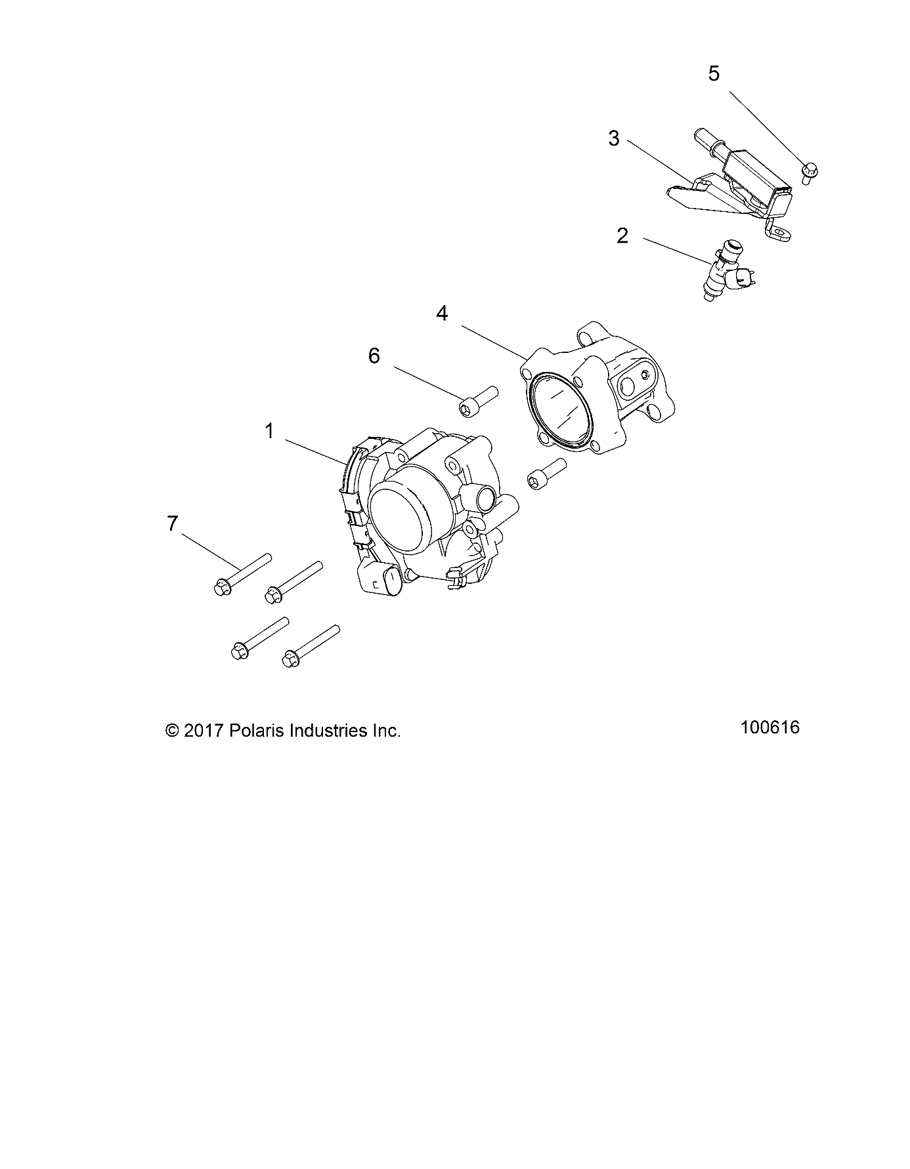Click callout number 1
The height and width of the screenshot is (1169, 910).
(x=269, y=431)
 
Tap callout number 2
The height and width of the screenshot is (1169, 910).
(x=622, y=236)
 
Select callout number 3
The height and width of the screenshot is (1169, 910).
(x=614, y=139)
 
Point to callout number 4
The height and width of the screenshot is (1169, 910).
(x=442, y=314)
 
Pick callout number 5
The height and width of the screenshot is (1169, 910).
(x=714, y=73)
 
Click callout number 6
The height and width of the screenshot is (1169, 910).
(x=374, y=356)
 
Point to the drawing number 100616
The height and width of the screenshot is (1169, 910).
(x=769, y=728)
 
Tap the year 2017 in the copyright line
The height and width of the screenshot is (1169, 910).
(x=204, y=731)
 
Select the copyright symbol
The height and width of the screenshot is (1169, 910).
(x=173, y=731)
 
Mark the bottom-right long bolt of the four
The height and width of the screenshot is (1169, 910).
(x=311, y=646)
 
